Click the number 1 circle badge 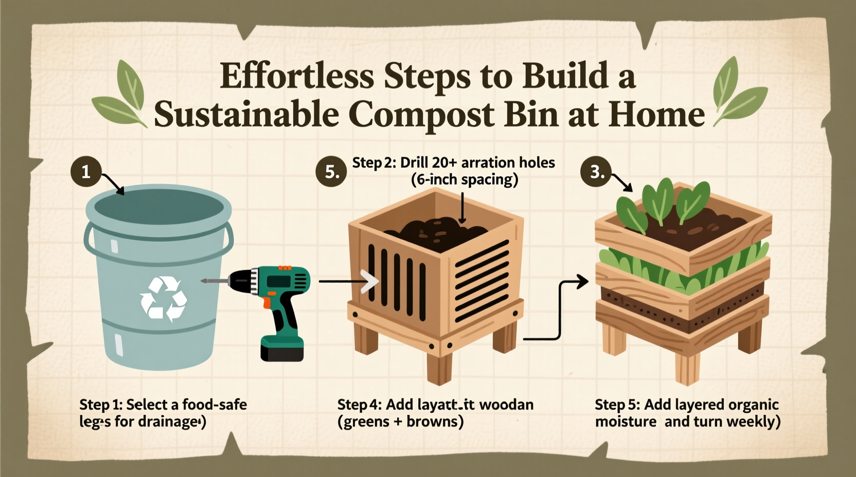pyautogui.click(x=86, y=171)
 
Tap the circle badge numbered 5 pyautogui.click(x=331, y=171)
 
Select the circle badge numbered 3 pyautogui.click(x=596, y=171)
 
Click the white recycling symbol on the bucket pyautogui.click(x=163, y=298)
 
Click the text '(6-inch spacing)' pyautogui.click(x=465, y=179)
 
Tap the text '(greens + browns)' pyautogui.click(x=400, y=421)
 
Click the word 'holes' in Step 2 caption pyautogui.click(x=537, y=162)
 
